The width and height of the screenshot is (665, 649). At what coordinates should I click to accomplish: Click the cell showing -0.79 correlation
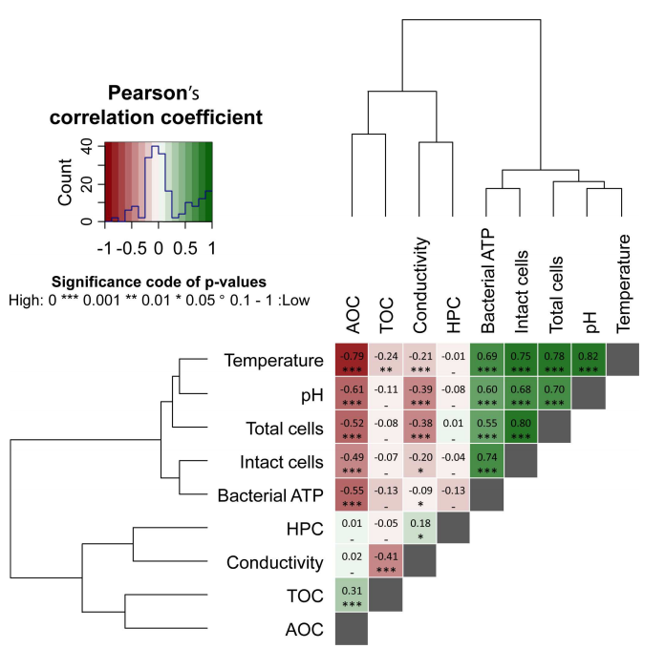coord(352,360)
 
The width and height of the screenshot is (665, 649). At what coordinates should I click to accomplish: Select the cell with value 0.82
coord(589,360)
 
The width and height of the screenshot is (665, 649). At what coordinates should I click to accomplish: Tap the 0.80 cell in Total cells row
coord(521,427)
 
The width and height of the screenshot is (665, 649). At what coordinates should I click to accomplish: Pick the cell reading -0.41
coord(386,560)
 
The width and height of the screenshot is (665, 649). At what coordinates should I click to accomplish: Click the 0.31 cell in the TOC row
coord(352,595)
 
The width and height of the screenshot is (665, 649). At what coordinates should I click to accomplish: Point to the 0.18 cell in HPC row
coord(419,528)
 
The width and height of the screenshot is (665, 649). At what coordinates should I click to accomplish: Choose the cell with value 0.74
coord(487,460)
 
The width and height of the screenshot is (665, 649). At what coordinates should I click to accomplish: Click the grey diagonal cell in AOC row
coord(352,629)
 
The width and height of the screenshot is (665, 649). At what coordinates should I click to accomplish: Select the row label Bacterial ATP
coord(270,495)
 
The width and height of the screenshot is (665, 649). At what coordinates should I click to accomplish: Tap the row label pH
coord(312,396)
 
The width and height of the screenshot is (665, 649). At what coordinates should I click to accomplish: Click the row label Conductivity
coord(275,562)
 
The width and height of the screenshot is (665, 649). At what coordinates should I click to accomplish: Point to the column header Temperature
coord(623,283)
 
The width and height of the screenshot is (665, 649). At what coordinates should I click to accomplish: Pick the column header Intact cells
coord(522,291)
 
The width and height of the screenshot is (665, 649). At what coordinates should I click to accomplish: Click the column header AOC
coord(353,315)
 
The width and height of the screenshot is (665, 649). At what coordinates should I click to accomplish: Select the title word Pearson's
coord(153,93)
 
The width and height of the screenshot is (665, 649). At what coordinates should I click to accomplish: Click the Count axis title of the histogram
coord(65,182)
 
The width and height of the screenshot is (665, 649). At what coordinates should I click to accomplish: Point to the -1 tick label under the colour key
coord(105,248)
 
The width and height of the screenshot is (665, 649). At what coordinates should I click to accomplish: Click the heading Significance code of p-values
coord(159,282)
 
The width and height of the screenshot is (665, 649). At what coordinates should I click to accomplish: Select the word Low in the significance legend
coord(296,301)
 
